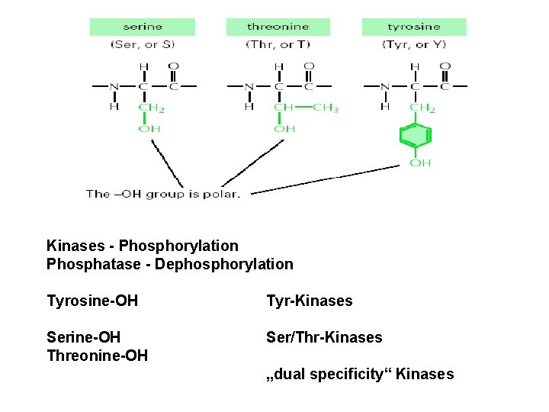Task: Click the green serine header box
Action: pyautogui.click(x=142, y=27)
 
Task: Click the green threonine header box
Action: pyautogui.click(x=278, y=27)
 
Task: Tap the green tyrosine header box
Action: pyautogui.click(x=414, y=27)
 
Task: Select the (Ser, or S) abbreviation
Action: pyautogui.click(x=142, y=45)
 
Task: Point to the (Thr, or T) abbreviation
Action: pyautogui.click(x=278, y=45)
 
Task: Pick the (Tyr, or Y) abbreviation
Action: pyautogui.click(x=414, y=45)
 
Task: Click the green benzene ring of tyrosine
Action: pyautogui.click(x=416, y=137)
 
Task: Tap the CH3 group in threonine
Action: pyautogui.click(x=326, y=108)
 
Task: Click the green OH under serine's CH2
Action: pyautogui.click(x=149, y=129)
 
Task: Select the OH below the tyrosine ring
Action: pyautogui.click(x=420, y=163)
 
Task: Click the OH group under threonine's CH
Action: pyautogui.click(x=284, y=129)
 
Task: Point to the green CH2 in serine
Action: pyautogui.click(x=152, y=108)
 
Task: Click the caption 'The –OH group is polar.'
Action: pyautogui.click(x=163, y=194)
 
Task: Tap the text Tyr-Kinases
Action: pyautogui.click(x=309, y=301)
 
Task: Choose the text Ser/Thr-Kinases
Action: pyautogui.click(x=324, y=337)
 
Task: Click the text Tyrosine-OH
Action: pyautogui.click(x=92, y=301)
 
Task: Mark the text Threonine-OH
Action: pyautogui.click(x=97, y=356)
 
